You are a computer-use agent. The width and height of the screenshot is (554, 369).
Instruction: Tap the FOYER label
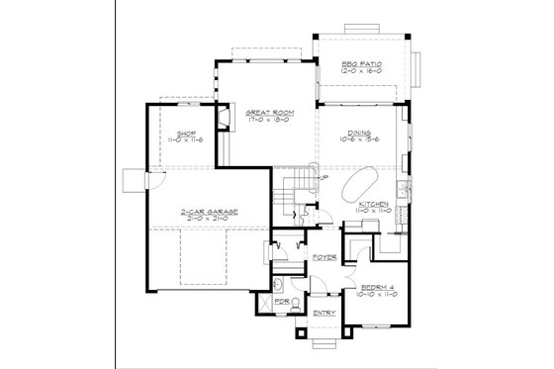pyautogui.click(x=323, y=256)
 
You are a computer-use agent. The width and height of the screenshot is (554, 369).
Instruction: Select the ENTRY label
pyautogui.click(x=323, y=314)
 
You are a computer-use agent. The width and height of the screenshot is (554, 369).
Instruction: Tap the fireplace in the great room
pyautogui.click(x=224, y=119)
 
